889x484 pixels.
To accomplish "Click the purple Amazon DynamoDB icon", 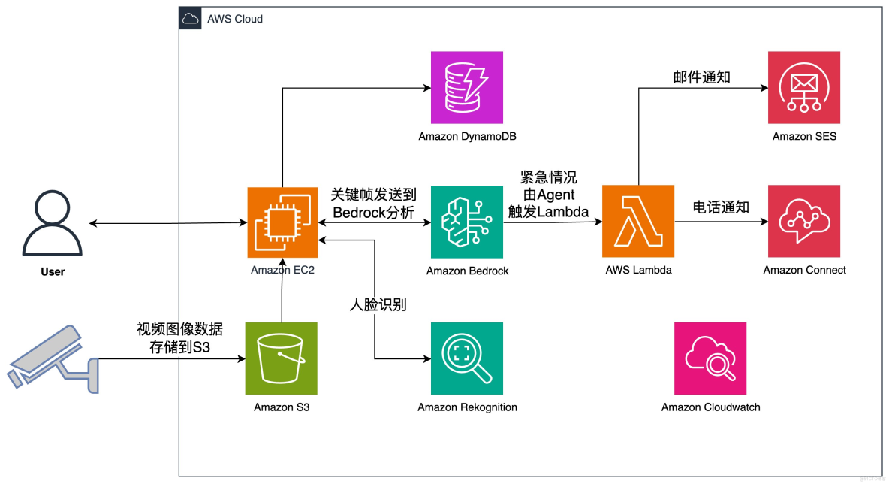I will click(467, 87).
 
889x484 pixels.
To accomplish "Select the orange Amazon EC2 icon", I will click(282, 223).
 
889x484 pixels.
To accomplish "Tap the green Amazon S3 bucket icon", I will click(282, 358).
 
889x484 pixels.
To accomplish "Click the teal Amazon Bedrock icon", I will click(467, 223).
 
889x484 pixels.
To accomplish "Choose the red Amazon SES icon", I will click(804, 87).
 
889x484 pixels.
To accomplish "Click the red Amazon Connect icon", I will click(804, 222).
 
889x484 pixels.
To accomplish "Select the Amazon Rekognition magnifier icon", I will click(467, 358).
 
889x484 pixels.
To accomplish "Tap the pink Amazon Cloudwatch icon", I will click(710, 358).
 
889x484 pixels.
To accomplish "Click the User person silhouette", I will click(53, 223).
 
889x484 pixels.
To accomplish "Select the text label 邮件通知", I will click(702, 77).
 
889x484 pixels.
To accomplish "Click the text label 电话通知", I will click(721, 207).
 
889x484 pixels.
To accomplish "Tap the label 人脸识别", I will click(378, 304).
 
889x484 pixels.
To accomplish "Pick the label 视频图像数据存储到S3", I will click(179, 338).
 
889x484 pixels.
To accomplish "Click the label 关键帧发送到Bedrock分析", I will click(373, 204).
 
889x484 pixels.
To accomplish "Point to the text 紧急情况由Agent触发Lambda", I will click(549, 195).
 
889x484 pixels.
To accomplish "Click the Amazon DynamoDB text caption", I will click(467, 137).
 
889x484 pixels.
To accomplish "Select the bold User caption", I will click(53, 271).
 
